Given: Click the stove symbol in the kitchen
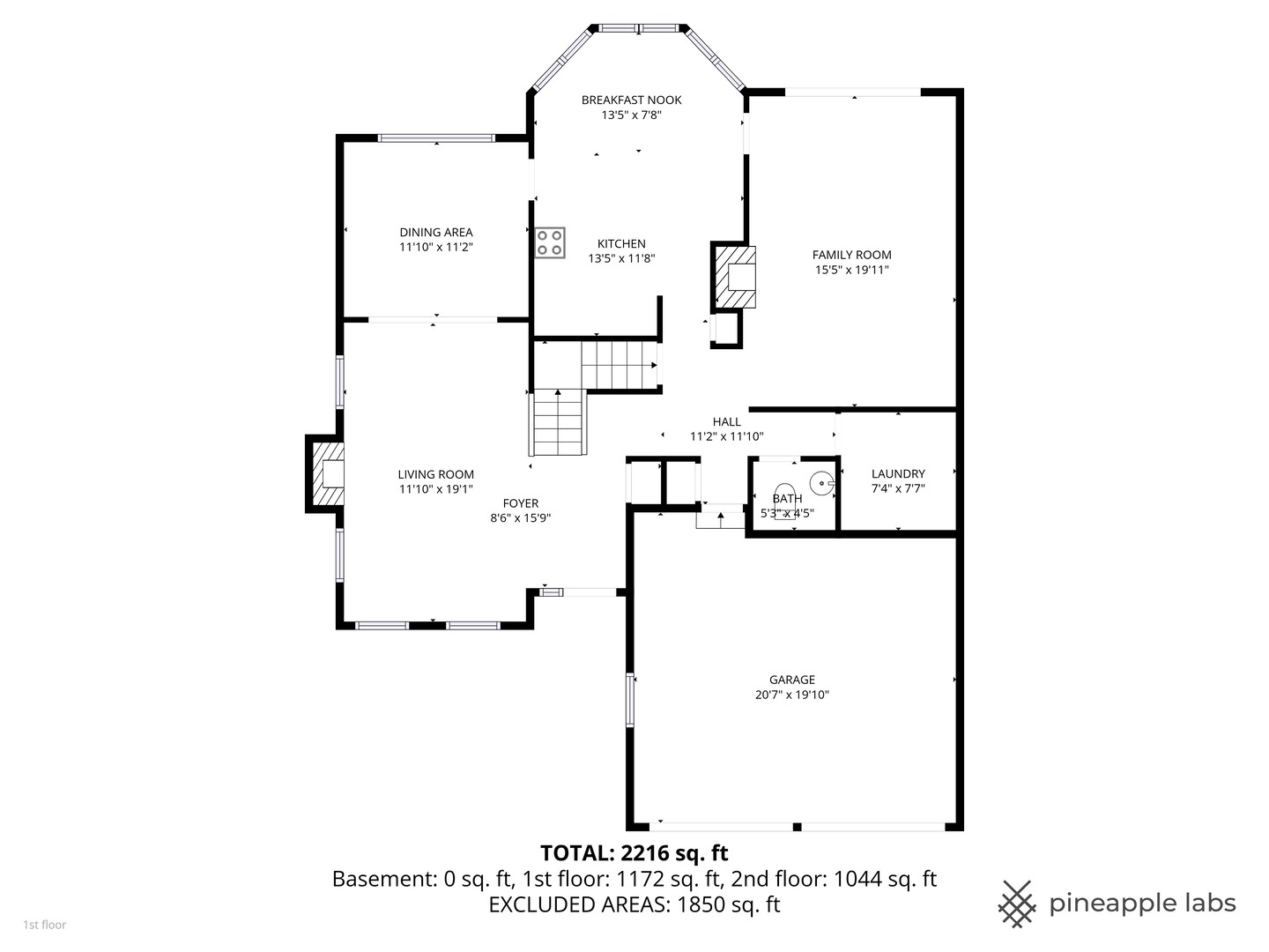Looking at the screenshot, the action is click(x=549, y=242).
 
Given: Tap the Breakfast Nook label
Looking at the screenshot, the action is click(x=631, y=100).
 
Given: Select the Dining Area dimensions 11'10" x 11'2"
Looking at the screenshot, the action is click(x=436, y=248).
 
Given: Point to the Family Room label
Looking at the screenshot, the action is click(x=851, y=255).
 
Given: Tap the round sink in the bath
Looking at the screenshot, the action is click(x=821, y=483).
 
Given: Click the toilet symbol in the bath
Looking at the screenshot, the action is click(x=784, y=502).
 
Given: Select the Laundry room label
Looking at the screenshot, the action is click(x=898, y=474).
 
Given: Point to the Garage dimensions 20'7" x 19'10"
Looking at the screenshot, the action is click(x=791, y=695).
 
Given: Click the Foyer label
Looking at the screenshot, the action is click(x=520, y=503).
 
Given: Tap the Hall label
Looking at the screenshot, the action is click(x=727, y=422).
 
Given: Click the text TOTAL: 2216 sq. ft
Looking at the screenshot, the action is click(x=634, y=853).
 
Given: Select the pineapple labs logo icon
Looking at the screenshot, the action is click(x=1017, y=904).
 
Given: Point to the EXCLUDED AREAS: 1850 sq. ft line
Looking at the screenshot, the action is click(x=634, y=904).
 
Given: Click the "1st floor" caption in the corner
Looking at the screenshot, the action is click(x=45, y=925).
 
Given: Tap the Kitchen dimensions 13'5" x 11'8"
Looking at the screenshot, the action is click(x=621, y=259).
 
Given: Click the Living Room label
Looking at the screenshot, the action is click(x=436, y=474).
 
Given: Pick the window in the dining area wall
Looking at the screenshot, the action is click(x=436, y=138).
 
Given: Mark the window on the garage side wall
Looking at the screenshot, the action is click(x=630, y=699).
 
